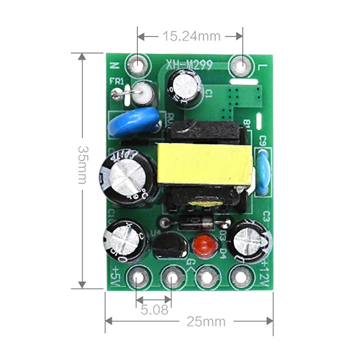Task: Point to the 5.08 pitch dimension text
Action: [153, 310]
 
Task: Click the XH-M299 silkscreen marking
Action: [189, 66]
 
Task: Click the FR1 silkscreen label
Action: [117, 82]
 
